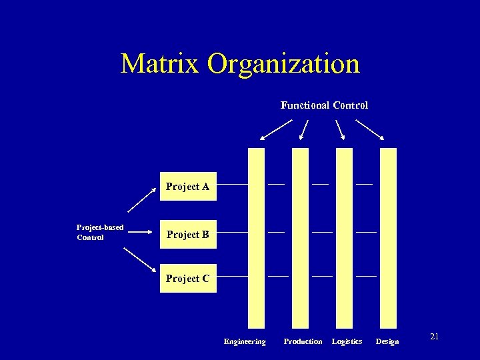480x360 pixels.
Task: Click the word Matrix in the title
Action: coord(160,64)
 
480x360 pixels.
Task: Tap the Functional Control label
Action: coord(324,105)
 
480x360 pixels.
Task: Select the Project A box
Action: coord(187,187)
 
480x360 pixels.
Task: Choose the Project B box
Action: coord(187,235)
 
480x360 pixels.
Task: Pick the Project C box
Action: coord(187,279)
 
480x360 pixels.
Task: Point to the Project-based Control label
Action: coord(100,232)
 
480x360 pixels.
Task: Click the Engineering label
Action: coord(245,341)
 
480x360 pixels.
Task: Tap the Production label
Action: coord(303,341)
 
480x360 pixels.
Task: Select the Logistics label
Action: coord(347,341)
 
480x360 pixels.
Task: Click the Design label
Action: coord(387,341)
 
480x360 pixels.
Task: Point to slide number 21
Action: coord(434,337)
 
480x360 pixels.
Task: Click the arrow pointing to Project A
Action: coord(141,199)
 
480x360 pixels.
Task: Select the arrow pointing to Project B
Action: coord(141,233)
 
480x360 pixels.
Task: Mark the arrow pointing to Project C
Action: coord(140,261)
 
